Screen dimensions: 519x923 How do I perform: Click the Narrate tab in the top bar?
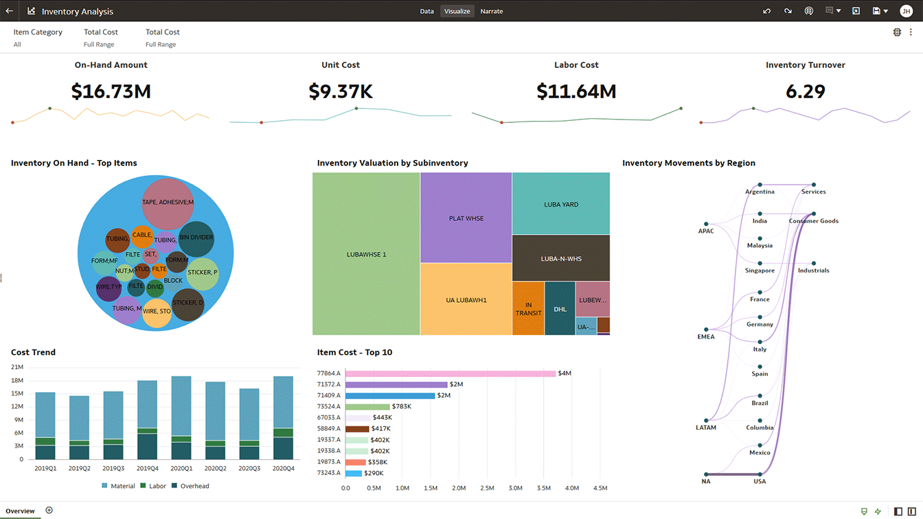(x=491, y=11)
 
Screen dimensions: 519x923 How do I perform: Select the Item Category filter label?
(x=38, y=32)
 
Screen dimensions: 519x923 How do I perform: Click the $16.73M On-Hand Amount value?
(x=111, y=91)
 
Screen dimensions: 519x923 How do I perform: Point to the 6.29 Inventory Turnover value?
(x=805, y=91)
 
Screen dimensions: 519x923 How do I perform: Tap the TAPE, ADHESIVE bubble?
(x=168, y=203)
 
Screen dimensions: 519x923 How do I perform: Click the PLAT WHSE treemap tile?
(x=466, y=218)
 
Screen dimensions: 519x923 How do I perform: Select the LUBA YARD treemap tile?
(x=560, y=205)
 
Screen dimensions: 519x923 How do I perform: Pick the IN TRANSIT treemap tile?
(x=528, y=309)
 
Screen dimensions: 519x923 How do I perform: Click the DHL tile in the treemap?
(x=560, y=309)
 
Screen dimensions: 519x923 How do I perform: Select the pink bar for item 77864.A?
(x=450, y=373)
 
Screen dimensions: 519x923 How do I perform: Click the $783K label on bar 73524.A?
(x=401, y=406)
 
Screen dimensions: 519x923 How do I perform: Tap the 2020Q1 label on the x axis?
(x=181, y=468)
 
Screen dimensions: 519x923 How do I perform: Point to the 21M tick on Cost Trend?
(x=17, y=367)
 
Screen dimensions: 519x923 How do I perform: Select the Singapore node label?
(x=760, y=270)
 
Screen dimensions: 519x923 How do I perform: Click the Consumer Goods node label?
(x=813, y=221)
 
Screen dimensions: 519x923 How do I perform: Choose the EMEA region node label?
(x=706, y=337)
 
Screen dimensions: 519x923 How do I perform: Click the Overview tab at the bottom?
(x=21, y=511)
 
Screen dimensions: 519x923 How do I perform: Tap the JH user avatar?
(x=905, y=11)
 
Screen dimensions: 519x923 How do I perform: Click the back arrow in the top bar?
(x=10, y=11)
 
